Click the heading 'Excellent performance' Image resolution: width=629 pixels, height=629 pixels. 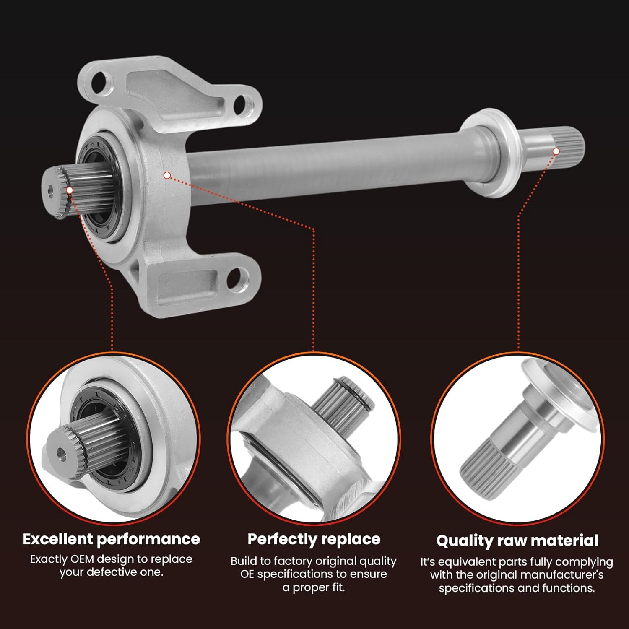(x=111, y=539)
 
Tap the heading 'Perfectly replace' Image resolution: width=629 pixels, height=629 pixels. (x=314, y=539)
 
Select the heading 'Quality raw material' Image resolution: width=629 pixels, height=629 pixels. (x=517, y=541)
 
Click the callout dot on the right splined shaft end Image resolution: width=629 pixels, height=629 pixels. (x=556, y=151)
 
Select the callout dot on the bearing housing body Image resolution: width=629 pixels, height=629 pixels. (x=167, y=175)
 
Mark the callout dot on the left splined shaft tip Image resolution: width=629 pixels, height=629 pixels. (x=70, y=190)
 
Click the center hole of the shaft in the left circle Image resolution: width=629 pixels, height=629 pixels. (x=61, y=452)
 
